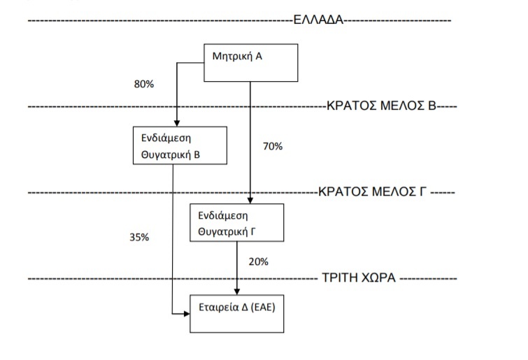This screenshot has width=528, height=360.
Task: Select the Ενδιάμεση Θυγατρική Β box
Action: pyautogui.click(x=180, y=145)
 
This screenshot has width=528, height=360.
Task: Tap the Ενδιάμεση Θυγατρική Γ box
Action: pyautogui.click(x=237, y=222)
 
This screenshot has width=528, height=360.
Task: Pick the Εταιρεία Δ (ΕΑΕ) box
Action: pyautogui.click(x=237, y=313)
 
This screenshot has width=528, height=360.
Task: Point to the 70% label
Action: pyautogui.click(x=272, y=147)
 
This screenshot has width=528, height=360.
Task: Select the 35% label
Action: pyautogui.click(x=139, y=237)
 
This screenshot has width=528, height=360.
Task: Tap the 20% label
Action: pyautogui.click(x=258, y=261)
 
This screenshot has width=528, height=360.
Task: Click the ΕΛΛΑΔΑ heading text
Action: pyautogui.click(x=318, y=20)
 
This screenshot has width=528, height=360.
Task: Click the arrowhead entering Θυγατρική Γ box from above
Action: pyautogui.click(x=250, y=200)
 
